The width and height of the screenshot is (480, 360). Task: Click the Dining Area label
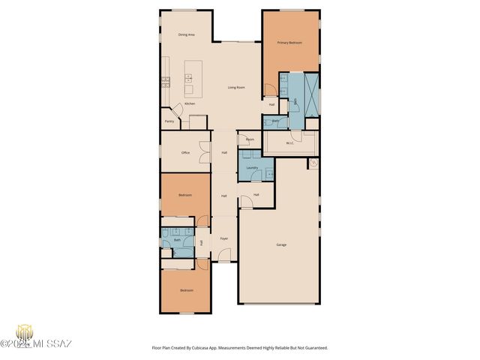[x=187, y=35]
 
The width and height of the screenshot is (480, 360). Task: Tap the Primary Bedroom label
[x=289, y=43]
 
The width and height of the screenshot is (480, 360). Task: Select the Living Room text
[x=236, y=88]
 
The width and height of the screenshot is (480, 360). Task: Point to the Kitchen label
[x=190, y=103]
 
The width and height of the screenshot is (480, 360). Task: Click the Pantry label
[x=169, y=121]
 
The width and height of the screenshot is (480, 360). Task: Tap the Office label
[x=185, y=153]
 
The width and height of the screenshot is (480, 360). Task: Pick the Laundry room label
[x=252, y=167]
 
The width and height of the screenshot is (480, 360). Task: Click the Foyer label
[x=223, y=238]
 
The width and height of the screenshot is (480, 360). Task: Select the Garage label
[x=281, y=244]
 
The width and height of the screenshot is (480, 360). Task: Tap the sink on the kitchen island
[x=189, y=76]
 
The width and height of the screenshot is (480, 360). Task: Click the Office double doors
[x=202, y=149]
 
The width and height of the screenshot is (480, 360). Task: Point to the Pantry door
[x=178, y=110]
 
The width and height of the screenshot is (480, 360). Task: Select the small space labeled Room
[x=250, y=139]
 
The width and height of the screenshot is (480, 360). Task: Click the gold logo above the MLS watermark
[x=25, y=332]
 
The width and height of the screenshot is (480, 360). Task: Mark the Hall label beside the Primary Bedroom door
[x=271, y=104]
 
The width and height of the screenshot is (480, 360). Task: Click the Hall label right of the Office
[x=224, y=153]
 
